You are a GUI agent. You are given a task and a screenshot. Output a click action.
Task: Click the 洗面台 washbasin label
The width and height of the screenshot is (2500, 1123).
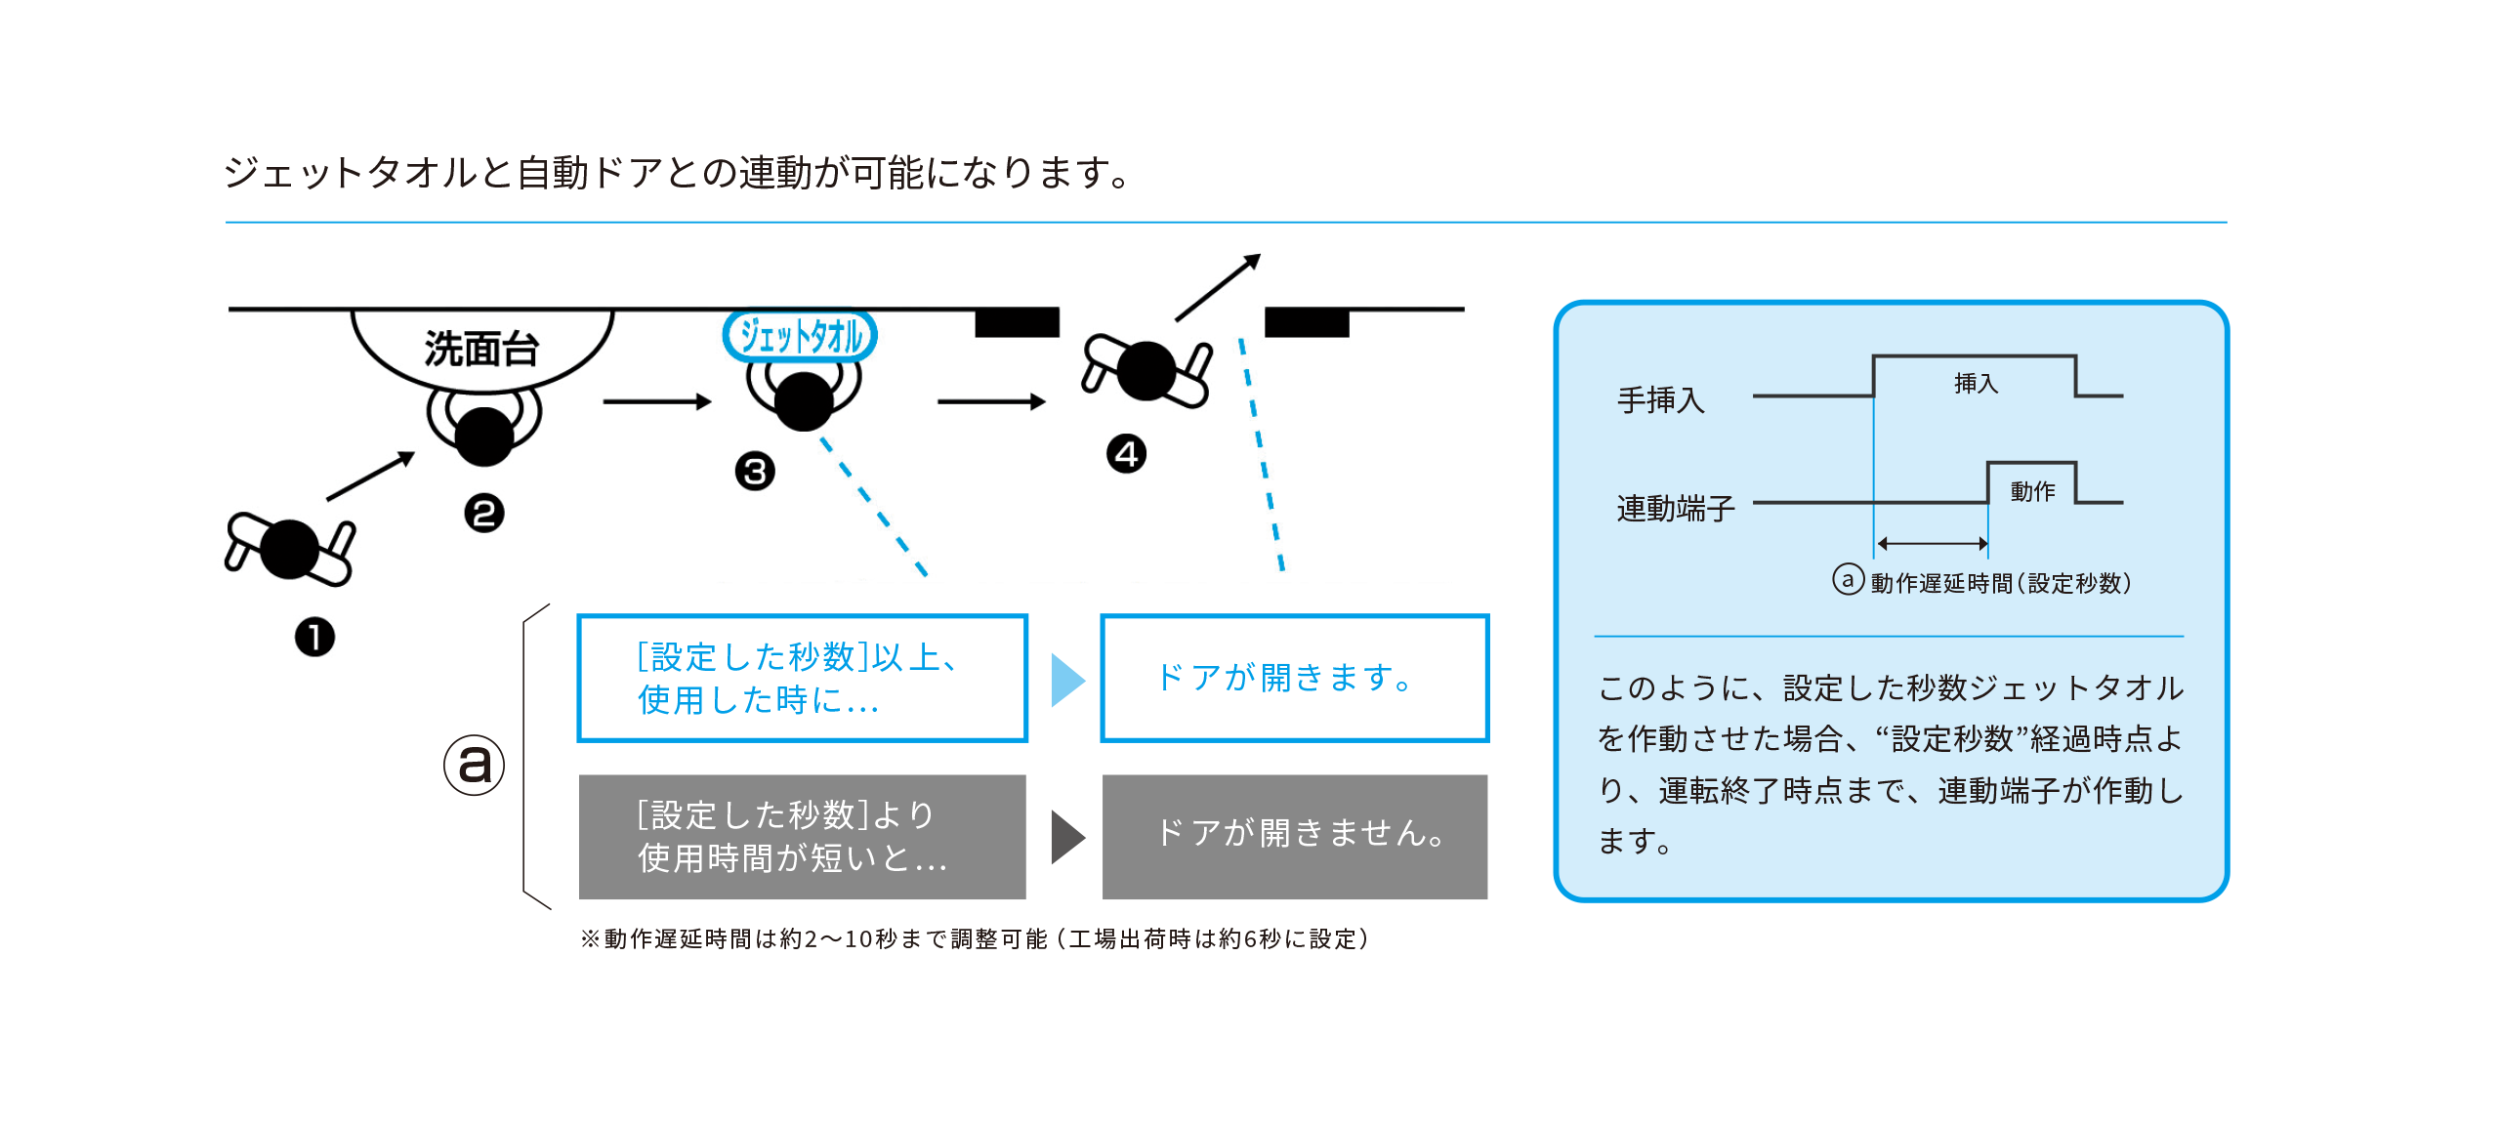click(x=481, y=349)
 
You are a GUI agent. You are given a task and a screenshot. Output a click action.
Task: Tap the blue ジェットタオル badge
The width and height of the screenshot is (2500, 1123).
click(x=800, y=336)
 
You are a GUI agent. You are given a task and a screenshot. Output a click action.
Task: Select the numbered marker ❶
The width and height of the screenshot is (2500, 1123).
click(x=314, y=638)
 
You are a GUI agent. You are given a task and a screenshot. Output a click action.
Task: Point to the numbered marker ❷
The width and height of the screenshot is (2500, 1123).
click(x=484, y=514)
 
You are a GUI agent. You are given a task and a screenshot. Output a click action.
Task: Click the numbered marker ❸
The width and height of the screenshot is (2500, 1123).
click(x=755, y=472)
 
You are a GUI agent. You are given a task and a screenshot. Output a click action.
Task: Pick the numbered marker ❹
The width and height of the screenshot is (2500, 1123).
click(x=1126, y=454)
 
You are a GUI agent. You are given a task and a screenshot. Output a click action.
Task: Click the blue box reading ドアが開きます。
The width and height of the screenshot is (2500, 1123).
click(x=1294, y=678)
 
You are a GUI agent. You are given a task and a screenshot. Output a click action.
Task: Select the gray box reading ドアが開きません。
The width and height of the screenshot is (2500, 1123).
click(x=1294, y=836)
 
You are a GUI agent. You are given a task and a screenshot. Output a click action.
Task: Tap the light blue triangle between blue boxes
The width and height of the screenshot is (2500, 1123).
click(x=1066, y=680)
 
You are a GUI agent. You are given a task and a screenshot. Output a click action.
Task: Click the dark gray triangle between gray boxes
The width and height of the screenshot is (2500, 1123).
click(x=1066, y=837)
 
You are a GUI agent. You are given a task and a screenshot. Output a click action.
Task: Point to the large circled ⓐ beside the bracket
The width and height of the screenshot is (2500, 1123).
click(x=475, y=765)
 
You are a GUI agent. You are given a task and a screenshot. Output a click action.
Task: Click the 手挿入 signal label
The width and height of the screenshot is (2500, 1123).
click(x=1660, y=400)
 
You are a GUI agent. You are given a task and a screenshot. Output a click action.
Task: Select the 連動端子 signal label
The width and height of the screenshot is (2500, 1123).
click(x=1676, y=508)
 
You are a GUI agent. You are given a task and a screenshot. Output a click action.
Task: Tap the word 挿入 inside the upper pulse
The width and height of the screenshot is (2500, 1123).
click(x=1976, y=384)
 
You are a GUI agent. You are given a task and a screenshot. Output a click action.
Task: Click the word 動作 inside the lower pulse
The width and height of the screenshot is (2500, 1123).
click(x=2032, y=491)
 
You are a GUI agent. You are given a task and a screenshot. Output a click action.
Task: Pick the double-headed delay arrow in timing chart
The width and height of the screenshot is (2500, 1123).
click(x=1932, y=543)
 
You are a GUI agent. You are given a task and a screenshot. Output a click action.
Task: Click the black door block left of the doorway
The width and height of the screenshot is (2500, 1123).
click(x=1017, y=322)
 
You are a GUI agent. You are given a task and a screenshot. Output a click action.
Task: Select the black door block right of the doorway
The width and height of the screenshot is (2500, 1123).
click(x=1307, y=322)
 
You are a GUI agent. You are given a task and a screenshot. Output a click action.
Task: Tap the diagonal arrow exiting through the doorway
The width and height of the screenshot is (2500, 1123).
click(x=1218, y=287)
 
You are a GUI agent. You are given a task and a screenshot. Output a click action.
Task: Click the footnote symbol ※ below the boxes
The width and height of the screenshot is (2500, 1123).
click(x=590, y=938)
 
